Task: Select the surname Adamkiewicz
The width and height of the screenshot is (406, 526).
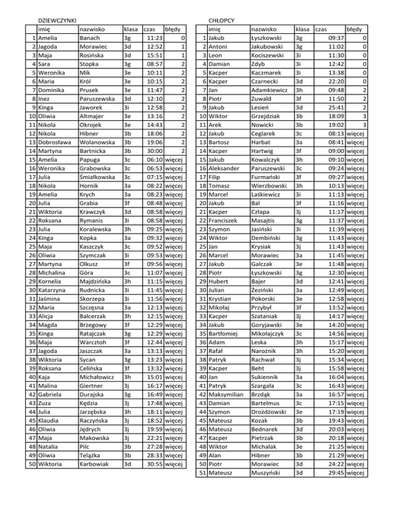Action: (271, 90)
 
